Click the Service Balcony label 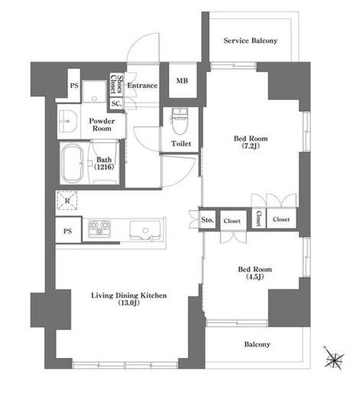(250, 41)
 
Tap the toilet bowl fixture (180, 121)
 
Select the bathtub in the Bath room (73, 164)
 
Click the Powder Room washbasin (68, 121)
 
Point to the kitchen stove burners (100, 228)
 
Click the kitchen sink (145, 230)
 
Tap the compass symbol (334, 358)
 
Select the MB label (182, 80)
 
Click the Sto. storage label (207, 219)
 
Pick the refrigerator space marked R (67, 201)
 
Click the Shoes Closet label (116, 84)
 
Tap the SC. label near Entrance (116, 103)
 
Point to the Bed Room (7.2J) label (250, 142)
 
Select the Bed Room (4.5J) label (255, 273)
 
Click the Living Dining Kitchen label (129, 299)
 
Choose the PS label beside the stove (67, 231)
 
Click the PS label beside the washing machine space (74, 85)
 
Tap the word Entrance (142, 85)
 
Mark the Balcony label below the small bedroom (257, 344)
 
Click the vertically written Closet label (258, 218)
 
